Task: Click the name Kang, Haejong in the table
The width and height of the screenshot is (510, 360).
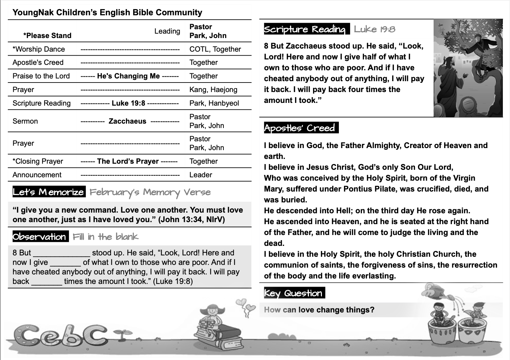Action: (x=213, y=90)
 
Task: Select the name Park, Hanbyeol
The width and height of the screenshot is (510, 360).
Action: (x=214, y=103)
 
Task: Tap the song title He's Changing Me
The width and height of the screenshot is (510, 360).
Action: (x=128, y=76)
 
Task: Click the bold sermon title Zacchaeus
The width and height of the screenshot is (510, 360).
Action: (x=127, y=121)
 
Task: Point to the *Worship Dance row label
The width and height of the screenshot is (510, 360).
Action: (x=39, y=49)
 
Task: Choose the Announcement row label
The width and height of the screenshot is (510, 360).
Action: (x=37, y=175)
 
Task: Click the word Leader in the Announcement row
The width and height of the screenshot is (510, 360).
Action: (x=201, y=175)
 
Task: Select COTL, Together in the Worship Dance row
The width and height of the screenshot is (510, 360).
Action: (x=215, y=49)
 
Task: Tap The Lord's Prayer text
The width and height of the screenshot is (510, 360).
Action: (x=128, y=161)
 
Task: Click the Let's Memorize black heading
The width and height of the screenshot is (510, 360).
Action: (x=49, y=192)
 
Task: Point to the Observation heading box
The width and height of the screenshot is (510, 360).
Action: (x=40, y=237)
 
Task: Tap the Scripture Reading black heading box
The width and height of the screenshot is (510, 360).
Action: (x=306, y=29)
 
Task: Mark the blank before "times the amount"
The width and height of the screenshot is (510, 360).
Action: (x=47, y=282)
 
